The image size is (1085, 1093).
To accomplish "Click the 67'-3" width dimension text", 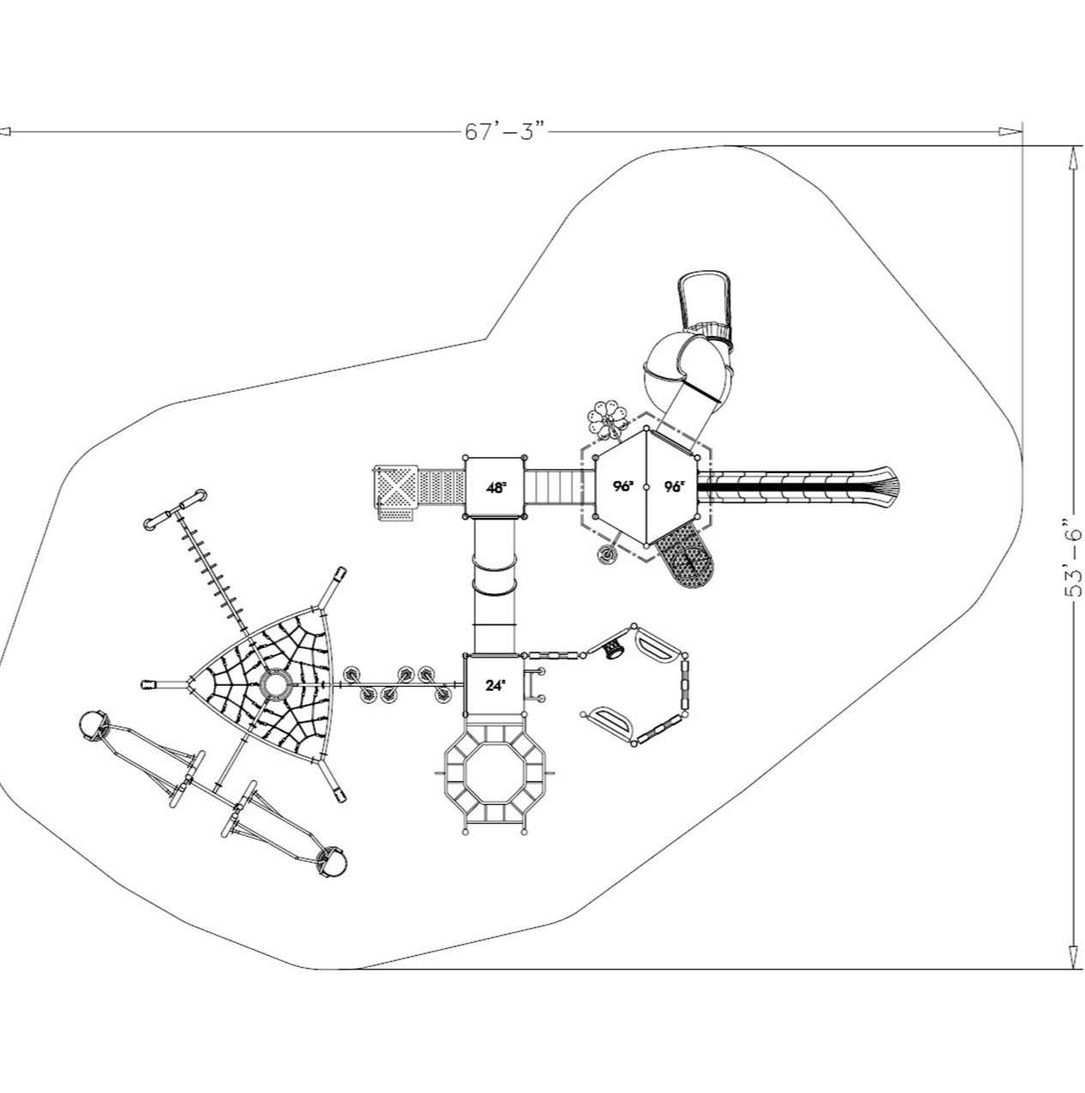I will [506, 132].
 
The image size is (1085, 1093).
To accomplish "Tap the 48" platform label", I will [495, 487].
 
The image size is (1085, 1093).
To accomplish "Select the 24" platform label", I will [495, 685].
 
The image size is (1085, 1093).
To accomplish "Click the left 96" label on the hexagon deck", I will [623, 486].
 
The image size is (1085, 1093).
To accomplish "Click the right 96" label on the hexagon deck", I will [674, 486].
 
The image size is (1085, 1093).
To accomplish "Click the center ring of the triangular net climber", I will [275, 684].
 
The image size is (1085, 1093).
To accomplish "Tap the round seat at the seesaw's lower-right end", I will [331, 862].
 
